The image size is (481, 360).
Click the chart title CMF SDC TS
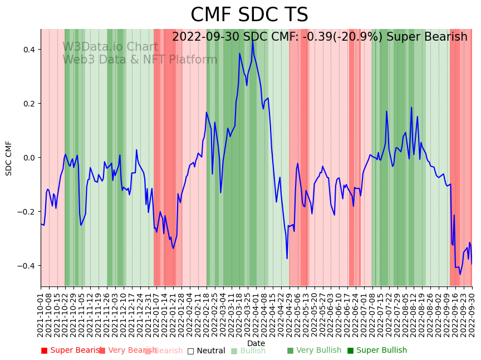249,15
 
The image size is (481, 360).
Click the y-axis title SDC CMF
9,158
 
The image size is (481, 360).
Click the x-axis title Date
256,343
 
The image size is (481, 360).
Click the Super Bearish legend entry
73,351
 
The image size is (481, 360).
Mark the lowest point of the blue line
460,274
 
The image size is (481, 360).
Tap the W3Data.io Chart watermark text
110,47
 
